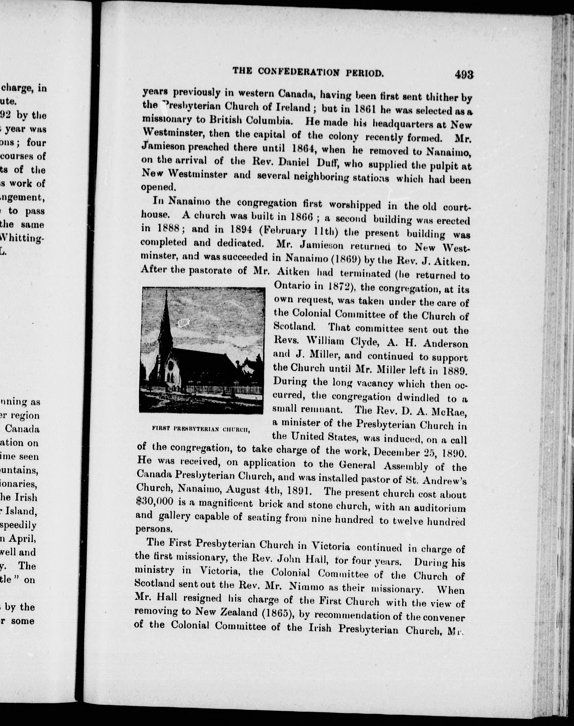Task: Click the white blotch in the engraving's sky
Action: point(183,323)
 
